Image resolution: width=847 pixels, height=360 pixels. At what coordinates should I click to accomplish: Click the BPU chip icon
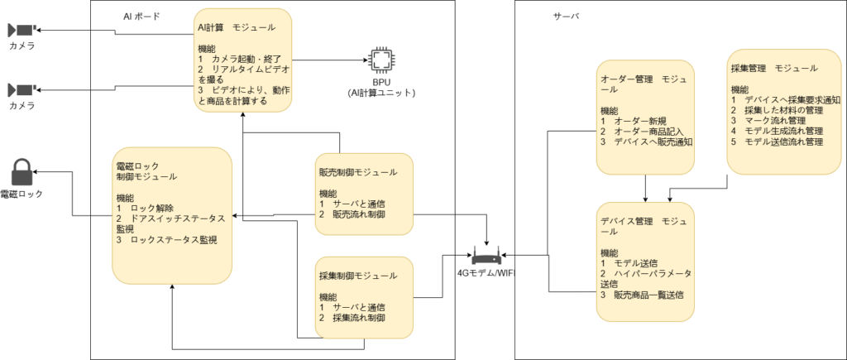pos(380,60)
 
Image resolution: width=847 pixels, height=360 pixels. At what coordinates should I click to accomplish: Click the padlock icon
pos(22,172)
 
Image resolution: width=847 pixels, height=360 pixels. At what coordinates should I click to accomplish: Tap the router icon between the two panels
pos(486,258)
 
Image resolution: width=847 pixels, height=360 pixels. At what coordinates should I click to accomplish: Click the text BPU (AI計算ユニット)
pos(381,87)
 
